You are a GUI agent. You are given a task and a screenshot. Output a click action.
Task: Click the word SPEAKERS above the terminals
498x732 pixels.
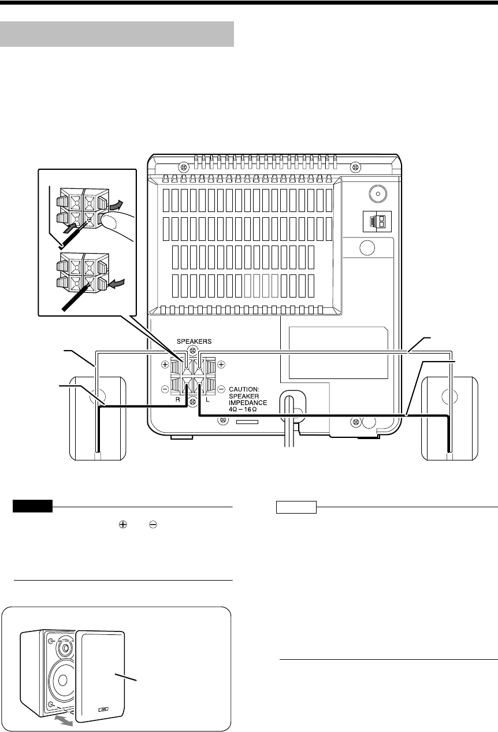pyautogui.click(x=194, y=341)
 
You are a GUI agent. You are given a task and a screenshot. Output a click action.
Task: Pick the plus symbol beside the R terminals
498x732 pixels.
pyautogui.click(x=165, y=365)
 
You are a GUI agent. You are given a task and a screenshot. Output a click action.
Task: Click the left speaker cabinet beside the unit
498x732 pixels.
pyautogui.click(x=97, y=418)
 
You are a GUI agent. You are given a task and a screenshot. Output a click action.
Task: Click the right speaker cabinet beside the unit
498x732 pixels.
pyautogui.click(x=450, y=418)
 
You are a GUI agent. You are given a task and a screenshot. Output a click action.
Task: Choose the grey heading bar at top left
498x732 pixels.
pyautogui.click(x=116, y=34)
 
